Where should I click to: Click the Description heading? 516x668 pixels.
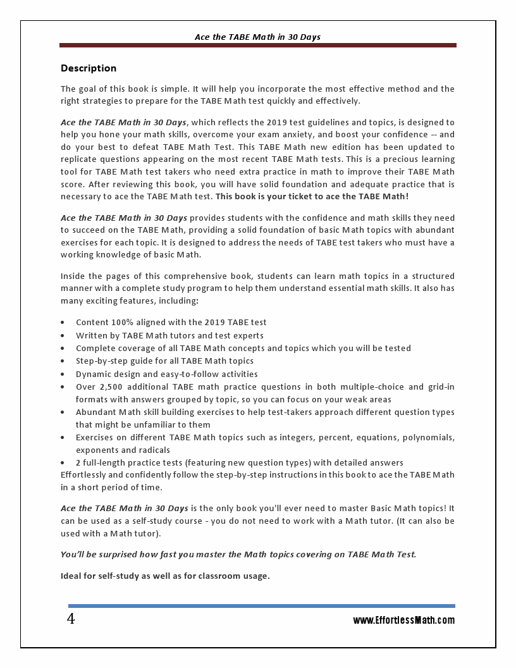(x=89, y=68)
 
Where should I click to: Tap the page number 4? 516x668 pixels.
(x=71, y=619)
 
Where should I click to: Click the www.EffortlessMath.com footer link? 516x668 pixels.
(x=403, y=621)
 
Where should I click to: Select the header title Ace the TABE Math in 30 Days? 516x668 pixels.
(x=257, y=37)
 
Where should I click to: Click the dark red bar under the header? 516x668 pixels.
(x=257, y=46)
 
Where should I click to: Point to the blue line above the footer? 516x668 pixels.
(x=261, y=606)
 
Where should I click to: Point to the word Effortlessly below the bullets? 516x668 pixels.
(x=87, y=475)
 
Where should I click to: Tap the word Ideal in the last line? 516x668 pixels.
(x=71, y=576)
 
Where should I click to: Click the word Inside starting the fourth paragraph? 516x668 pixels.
(x=73, y=276)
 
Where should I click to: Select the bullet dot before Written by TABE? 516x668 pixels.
(x=63, y=336)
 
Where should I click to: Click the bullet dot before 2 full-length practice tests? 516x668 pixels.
(x=63, y=463)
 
